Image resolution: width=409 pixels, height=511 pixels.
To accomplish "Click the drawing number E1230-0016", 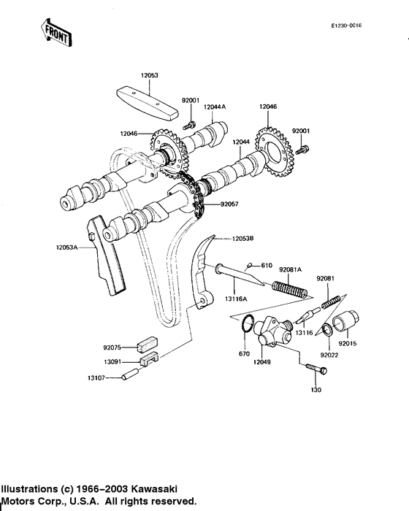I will pos(346,26).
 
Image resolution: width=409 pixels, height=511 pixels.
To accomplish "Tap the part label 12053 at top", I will pos(149,75).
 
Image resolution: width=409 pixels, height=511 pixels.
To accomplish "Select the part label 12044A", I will pos(215,107).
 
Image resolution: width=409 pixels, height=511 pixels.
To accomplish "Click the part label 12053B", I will pos(245,238).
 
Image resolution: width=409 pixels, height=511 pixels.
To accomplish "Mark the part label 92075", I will pos(113,347).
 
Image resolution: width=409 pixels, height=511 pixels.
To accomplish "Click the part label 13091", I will pos(113,361).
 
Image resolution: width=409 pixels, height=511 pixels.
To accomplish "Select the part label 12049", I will pos(262,361).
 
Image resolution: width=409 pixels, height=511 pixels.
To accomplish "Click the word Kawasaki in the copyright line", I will pos(154,488).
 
